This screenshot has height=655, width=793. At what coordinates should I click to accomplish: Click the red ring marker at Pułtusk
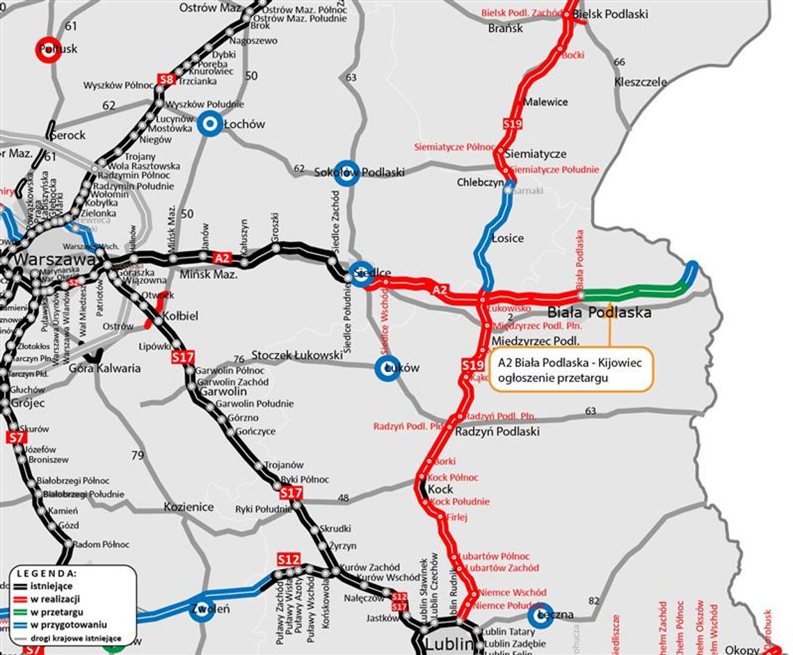pyautogui.click(x=49, y=49)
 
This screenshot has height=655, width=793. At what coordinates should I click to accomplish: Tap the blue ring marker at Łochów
pyautogui.click(x=209, y=124)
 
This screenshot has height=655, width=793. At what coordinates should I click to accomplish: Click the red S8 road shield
pyautogui.click(x=166, y=79)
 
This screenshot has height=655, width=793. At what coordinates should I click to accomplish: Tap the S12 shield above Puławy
pyautogui.click(x=289, y=559)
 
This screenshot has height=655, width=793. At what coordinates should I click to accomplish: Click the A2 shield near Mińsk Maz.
pyautogui.click(x=222, y=258)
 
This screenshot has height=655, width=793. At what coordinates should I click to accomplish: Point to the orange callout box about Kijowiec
pyautogui.click(x=572, y=370)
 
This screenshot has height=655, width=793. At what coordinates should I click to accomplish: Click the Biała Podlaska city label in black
pyautogui.click(x=599, y=312)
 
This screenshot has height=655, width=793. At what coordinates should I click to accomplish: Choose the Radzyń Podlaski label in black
pyautogui.click(x=497, y=431)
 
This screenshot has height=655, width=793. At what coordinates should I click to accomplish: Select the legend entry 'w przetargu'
pyautogui.click(x=56, y=612)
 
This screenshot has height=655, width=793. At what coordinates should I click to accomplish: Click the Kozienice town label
pyautogui.click(x=189, y=507)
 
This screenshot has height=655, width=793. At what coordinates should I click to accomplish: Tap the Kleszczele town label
pyautogui.click(x=640, y=82)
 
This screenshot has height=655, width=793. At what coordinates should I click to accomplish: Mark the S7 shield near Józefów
pyautogui.click(x=17, y=438)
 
